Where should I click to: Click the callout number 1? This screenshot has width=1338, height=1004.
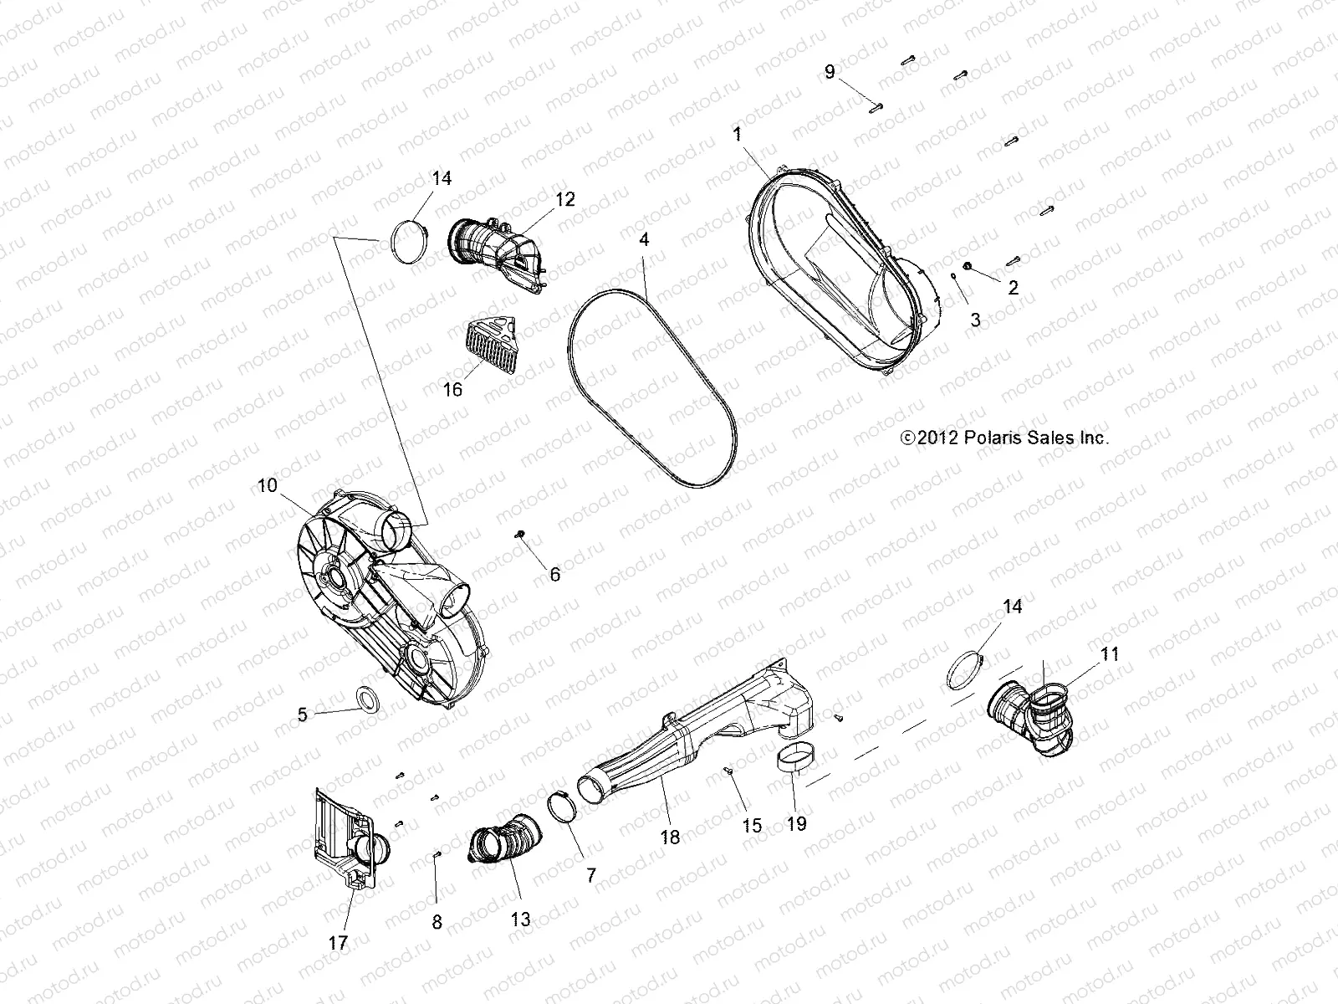click(x=737, y=134)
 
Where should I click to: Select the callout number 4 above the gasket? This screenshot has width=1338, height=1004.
click(x=644, y=239)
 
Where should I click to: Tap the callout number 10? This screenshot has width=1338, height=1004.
click(x=267, y=485)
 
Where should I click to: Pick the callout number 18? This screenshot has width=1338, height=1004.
click(x=670, y=837)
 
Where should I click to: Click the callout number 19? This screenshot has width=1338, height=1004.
click(x=796, y=823)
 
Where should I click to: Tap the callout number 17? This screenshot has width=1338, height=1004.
click(x=338, y=943)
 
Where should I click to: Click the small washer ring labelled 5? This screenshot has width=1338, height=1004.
click(x=366, y=698)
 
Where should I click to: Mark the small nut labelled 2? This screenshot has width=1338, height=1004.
click(x=968, y=266)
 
